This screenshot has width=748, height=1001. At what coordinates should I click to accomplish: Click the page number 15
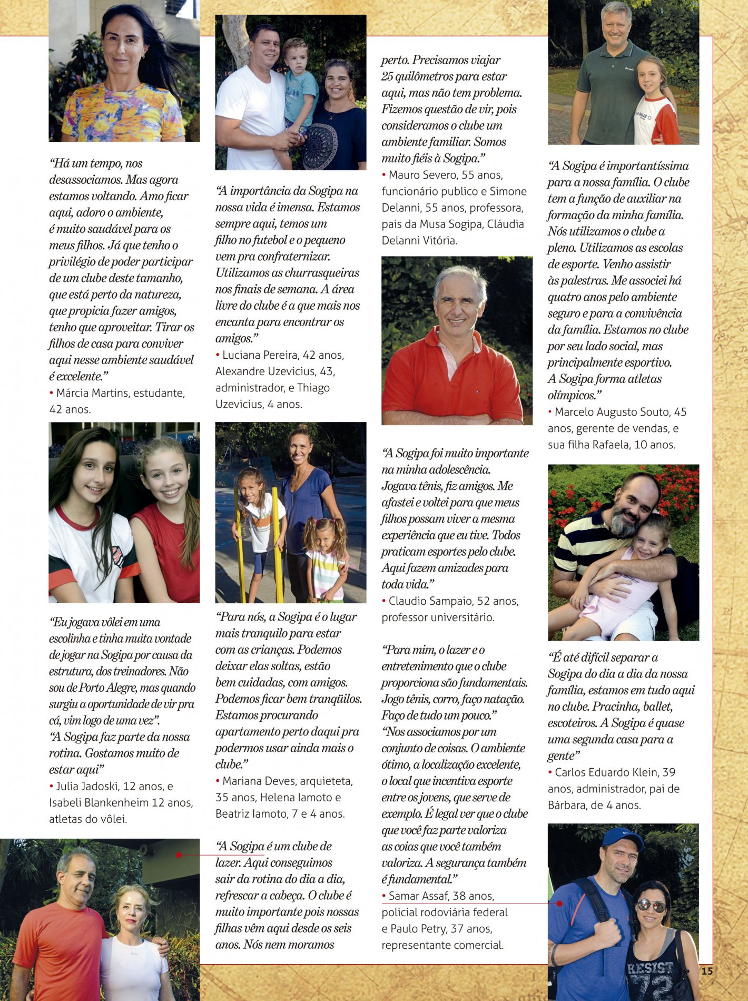click(x=707, y=970)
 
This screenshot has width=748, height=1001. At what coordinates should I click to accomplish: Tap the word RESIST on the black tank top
click(x=649, y=968)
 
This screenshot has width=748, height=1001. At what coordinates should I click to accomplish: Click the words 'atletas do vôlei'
click(x=88, y=819)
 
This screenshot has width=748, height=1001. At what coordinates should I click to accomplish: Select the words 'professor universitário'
click(x=438, y=617)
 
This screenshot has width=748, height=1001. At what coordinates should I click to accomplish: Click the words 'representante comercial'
click(x=442, y=945)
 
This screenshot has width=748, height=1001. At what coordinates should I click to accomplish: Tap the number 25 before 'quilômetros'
click(x=388, y=76)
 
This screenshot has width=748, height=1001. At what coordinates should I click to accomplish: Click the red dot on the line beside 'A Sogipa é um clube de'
click(x=179, y=855)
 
